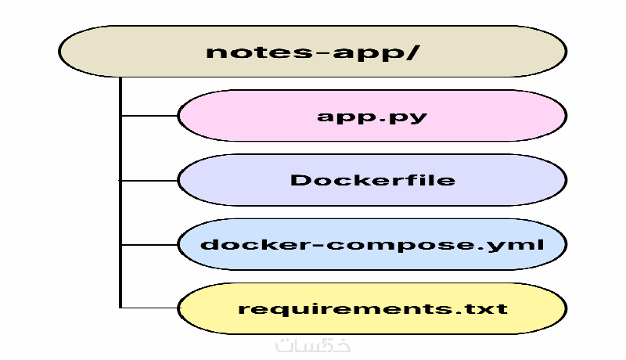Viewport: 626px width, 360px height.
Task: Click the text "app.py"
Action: coord(372,117)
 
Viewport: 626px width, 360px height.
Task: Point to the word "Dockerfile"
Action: coord(372,180)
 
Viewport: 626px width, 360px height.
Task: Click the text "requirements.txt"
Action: coord(372,308)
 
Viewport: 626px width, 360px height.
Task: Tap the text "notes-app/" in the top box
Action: coord(313,52)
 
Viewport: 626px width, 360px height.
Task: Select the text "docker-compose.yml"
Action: coord(372,244)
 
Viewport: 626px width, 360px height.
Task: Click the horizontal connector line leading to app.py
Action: coord(149,117)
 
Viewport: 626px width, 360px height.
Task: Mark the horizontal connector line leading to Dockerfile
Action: coord(149,180)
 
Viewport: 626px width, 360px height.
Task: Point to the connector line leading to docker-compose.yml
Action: coord(149,244)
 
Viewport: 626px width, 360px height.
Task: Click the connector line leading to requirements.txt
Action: coord(149,308)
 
